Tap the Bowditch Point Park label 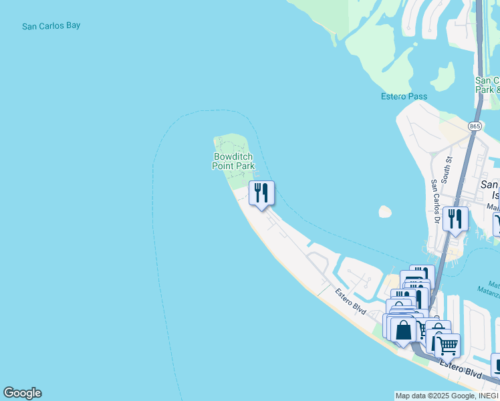[233, 161]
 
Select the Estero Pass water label [404, 96]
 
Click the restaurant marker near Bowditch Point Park [261, 192]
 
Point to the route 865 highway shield [475, 126]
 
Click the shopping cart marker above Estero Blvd [447, 346]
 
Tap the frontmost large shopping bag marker [404, 330]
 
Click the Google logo [22, 393]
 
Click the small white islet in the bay [384, 212]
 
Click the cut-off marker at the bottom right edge [495, 364]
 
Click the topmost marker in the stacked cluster [422, 275]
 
